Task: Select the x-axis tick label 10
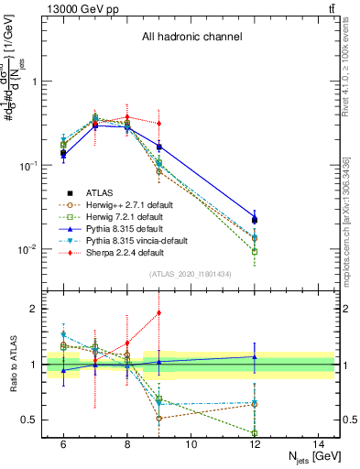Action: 191,444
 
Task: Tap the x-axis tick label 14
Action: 319,444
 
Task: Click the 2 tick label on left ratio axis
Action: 37,309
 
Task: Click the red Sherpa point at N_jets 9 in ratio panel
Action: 159,313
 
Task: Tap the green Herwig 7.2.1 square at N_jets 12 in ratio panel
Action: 255,433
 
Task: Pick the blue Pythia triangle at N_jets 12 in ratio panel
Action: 255,356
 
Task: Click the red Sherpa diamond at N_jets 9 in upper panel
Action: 159,123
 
